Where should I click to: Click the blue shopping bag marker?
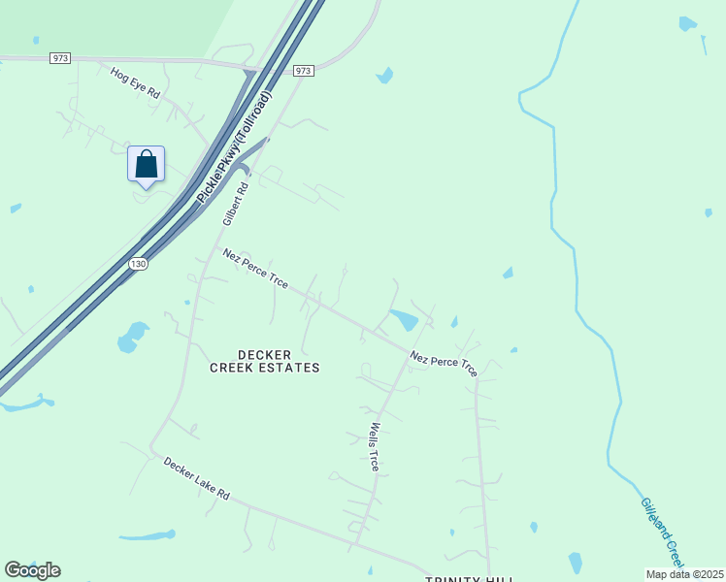(x=146, y=164)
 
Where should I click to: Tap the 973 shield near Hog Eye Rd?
(x=60, y=58)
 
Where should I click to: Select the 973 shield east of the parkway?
(x=303, y=71)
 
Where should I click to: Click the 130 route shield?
(x=139, y=264)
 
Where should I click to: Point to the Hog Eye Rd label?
(x=134, y=81)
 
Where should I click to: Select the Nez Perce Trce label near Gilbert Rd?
(x=254, y=269)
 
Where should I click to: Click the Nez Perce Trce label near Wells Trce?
(x=444, y=364)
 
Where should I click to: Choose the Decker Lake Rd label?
(x=196, y=479)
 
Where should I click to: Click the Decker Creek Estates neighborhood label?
(x=264, y=361)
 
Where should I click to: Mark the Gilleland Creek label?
(x=662, y=533)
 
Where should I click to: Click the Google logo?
(x=32, y=570)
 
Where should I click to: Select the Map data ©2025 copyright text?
(x=684, y=574)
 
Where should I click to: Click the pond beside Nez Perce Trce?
(x=404, y=319)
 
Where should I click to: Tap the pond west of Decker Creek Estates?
(x=129, y=337)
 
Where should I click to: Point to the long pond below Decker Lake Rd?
(x=148, y=534)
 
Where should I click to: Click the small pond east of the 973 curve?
(x=385, y=75)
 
